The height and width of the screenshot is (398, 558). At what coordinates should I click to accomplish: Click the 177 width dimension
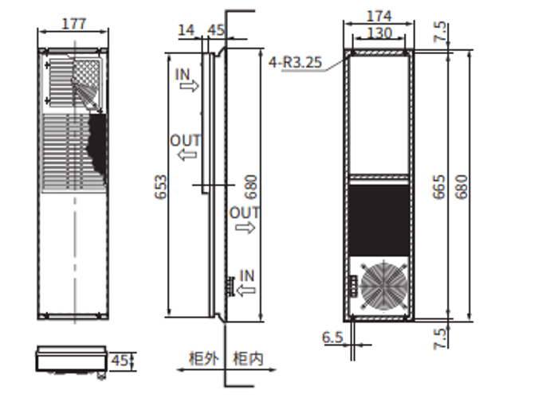73,24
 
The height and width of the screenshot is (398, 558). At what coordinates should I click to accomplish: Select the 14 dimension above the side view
186,30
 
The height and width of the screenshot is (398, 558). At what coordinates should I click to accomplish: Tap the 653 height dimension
161,187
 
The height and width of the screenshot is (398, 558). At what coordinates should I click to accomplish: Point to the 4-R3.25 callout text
296,63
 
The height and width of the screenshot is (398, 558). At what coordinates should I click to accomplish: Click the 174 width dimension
379,16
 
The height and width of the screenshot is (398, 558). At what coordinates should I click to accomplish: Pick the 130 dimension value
379,33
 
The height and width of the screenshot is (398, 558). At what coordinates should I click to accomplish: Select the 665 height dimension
439,187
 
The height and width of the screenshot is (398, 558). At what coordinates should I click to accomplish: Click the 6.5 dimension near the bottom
332,338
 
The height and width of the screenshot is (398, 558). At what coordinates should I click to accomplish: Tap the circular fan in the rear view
383,285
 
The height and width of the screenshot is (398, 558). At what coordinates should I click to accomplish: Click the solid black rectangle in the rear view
379,220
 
